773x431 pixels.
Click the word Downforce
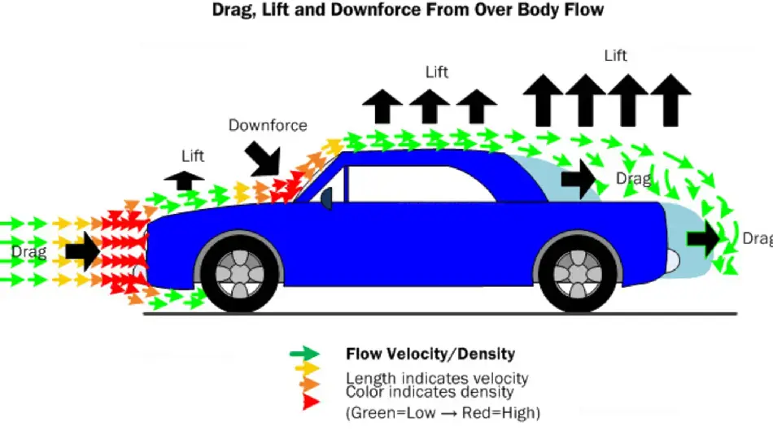(x=268, y=125)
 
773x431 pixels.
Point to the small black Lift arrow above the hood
(x=185, y=179)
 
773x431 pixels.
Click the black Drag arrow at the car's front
(x=81, y=251)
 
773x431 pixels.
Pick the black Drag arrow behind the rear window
(x=579, y=180)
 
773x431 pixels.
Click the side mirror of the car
(x=326, y=198)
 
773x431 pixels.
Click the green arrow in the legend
(x=305, y=354)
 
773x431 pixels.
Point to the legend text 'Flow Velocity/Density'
(x=430, y=354)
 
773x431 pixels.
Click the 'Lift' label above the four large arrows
(x=616, y=55)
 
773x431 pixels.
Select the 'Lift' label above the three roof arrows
(x=437, y=72)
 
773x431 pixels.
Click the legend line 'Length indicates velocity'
(x=437, y=378)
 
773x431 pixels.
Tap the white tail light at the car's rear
(x=672, y=261)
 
